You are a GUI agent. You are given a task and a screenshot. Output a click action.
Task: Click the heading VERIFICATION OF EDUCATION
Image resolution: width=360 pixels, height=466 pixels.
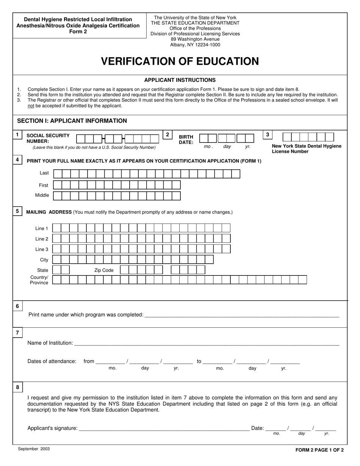(180, 61)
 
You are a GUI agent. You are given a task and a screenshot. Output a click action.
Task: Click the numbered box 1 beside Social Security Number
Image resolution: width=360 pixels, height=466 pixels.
(17, 135)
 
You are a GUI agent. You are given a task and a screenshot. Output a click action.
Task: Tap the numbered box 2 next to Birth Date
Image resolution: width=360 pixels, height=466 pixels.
(167, 134)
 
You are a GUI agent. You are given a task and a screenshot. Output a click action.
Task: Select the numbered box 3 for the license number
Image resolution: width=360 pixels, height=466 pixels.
(268, 134)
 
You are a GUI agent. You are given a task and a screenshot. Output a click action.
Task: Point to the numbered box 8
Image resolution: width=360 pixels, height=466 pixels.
(17, 387)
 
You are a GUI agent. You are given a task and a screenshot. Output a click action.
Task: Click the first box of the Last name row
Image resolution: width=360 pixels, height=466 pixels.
(58, 174)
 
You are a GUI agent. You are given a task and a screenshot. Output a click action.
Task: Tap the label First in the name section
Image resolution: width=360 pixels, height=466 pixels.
(44, 185)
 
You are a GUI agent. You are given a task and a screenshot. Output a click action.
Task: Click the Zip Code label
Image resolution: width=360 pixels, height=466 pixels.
(104, 270)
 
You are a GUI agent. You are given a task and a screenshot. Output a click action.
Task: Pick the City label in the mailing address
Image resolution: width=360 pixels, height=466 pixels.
(44, 260)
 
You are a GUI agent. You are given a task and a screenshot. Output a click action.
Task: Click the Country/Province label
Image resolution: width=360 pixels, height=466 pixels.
(39, 280)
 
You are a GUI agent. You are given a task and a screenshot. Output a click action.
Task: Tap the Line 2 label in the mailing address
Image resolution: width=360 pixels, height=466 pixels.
(42, 239)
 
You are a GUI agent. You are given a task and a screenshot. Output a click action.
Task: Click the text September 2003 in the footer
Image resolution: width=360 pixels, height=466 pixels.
(34, 449)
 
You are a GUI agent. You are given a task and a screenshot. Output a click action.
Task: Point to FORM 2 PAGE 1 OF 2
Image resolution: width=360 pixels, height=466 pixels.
(319, 450)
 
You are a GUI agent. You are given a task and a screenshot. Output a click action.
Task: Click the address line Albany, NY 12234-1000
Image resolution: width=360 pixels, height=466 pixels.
(195, 45)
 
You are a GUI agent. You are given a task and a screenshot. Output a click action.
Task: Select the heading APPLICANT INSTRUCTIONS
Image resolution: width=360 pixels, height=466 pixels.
(180, 80)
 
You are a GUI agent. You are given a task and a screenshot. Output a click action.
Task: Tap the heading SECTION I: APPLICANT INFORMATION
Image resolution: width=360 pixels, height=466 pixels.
(72, 121)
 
